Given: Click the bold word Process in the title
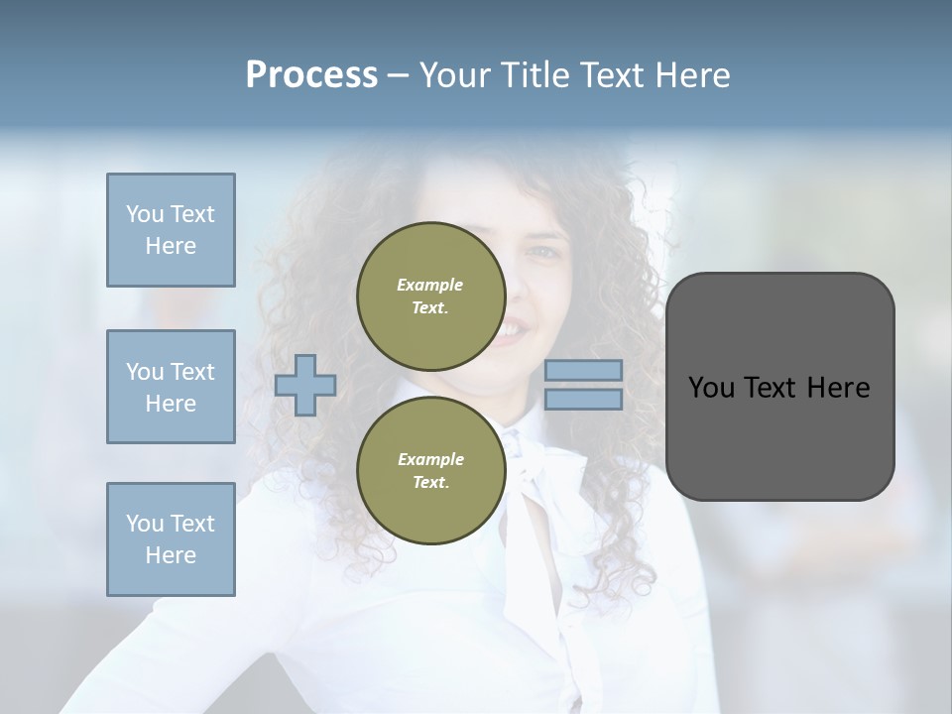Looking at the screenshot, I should [x=311, y=75].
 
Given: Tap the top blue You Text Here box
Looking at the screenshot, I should [x=171, y=230].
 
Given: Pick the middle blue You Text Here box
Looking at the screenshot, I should [x=171, y=387].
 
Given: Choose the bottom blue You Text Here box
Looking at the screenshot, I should [x=171, y=539].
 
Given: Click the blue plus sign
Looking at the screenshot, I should [x=305, y=385].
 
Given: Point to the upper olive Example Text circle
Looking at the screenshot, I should [x=430, y=297].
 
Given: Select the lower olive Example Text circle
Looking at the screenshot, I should [x=430, y=471].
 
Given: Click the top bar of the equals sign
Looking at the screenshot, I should [x=583, y=371].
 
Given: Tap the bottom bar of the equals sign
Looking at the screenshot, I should [x=583, y=400].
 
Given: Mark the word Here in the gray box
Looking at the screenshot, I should [x=838, y=388].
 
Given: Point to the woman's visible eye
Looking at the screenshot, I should [x=544, y=252].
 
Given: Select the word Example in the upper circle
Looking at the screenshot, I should [x=430, y=286].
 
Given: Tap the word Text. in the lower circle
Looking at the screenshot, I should [x=430, y=483].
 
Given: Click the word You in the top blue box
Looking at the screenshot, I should [x=145, y=214].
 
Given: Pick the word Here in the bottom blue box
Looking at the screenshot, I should [x=171, y=556].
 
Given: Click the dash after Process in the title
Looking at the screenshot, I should [x=398, y=75].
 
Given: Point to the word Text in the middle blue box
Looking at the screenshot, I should [x=191, y=372].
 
